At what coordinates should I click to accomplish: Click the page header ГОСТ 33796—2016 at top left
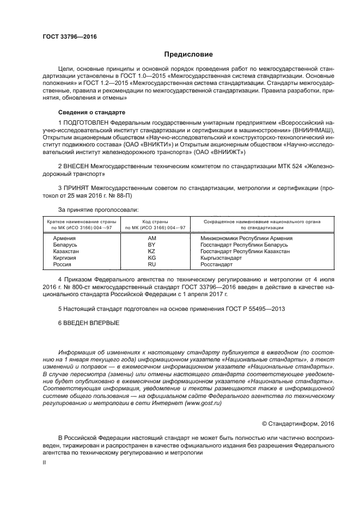(66, 36)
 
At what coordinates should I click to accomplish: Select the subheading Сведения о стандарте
(86, 112)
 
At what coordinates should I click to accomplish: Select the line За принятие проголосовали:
(99, 210)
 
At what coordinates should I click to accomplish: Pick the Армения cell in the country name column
(64, 238)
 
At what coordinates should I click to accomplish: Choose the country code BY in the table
(152, 245)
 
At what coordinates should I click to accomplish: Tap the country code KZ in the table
(152, 252)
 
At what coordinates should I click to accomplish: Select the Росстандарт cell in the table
(216, 265)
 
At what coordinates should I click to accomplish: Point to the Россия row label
(62, 265)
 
